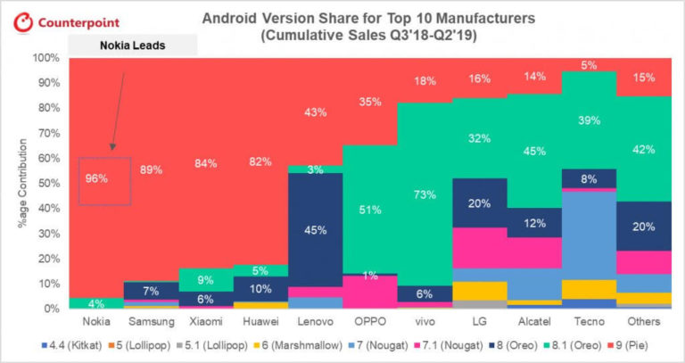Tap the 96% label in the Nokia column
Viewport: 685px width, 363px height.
96,178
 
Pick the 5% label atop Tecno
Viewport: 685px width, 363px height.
589,65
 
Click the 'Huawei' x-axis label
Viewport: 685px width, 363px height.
260,320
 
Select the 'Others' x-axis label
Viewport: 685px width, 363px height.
642,320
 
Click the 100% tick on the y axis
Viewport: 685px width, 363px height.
45,58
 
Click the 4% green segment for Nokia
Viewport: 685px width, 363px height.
96,303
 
